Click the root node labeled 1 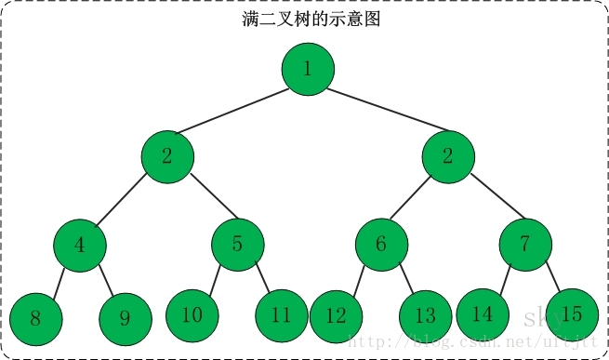tap(308, 69)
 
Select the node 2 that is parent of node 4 tap(167, 155)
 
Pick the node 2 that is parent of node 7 tap(447, 155)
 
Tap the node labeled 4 tap(79, 246)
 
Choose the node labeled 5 tap(237, 245)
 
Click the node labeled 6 tap(381, 245)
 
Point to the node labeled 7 tap(525, 245)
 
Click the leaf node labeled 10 tap(192, 315)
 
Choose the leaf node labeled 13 tap(425, 316)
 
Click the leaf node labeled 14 tap(482, 314)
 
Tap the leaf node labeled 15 tap(570, 314)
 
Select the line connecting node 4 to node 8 tap(58, 282)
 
